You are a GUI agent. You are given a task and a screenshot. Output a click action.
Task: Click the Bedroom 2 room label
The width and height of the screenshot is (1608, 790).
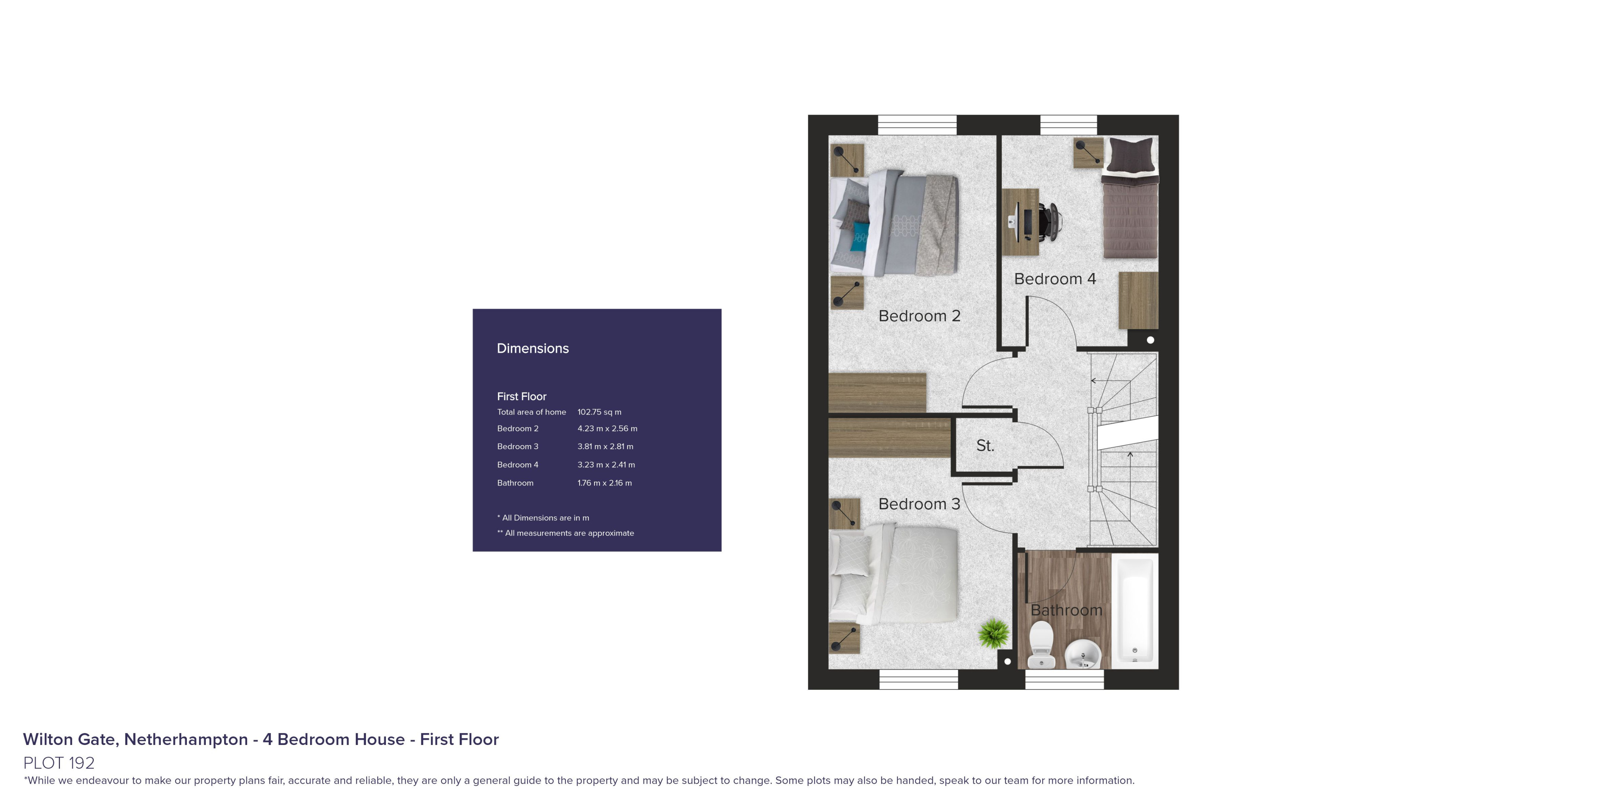[919, 316]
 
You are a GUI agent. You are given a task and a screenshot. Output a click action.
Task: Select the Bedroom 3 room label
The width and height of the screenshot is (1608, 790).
[919, 504]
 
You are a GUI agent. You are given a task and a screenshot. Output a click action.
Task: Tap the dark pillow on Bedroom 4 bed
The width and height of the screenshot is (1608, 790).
[1130, 154]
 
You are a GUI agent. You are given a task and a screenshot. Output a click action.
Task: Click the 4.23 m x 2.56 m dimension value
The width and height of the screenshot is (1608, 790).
[607, 429]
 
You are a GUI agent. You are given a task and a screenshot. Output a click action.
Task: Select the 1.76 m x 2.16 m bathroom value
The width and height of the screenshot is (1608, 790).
[604, 483]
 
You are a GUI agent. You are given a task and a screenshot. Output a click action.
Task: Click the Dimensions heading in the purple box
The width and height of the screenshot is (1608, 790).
[532, 348]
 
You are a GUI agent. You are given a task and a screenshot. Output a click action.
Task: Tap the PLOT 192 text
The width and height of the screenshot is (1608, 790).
[59, 762]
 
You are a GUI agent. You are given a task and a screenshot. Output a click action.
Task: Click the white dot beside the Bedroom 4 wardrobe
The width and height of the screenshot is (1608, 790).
[1151, 340]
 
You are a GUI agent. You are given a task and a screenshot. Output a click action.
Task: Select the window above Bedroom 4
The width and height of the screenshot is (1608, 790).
[1068, 125]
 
